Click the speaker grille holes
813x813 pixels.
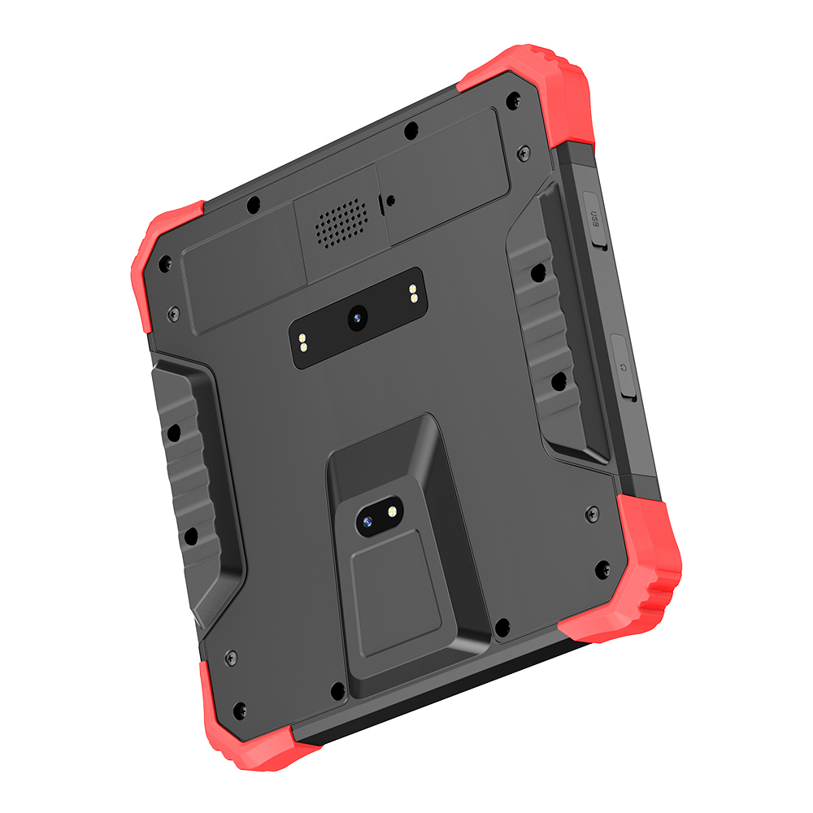tap(341, 223)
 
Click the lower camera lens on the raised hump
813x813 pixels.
tap(367, 521)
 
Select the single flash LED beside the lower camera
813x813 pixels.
tap(392, 511)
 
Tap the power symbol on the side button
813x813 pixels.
tap(624, 367)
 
